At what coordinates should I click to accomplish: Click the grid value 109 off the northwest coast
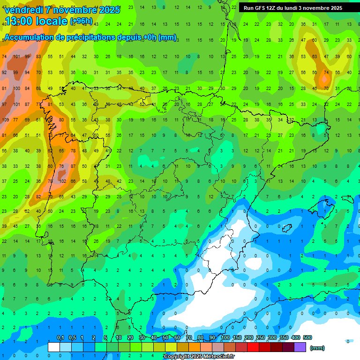point(5,120)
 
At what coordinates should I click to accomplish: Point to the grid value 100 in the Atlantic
point(17,88)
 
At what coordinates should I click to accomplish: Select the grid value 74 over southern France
point(326,73)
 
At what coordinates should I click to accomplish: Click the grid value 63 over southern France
point(315,57)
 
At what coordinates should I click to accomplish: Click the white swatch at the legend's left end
point(54,347)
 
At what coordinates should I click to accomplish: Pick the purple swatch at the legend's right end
point(300,347)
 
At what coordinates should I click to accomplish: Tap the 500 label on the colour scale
point(307,337)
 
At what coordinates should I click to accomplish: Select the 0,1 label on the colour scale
point(60,337)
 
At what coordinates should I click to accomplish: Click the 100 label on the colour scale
point(225,337)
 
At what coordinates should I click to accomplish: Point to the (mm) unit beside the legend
point(317,348)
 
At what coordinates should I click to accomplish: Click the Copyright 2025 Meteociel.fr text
point(199,357)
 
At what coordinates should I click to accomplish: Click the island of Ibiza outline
point(287,228)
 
